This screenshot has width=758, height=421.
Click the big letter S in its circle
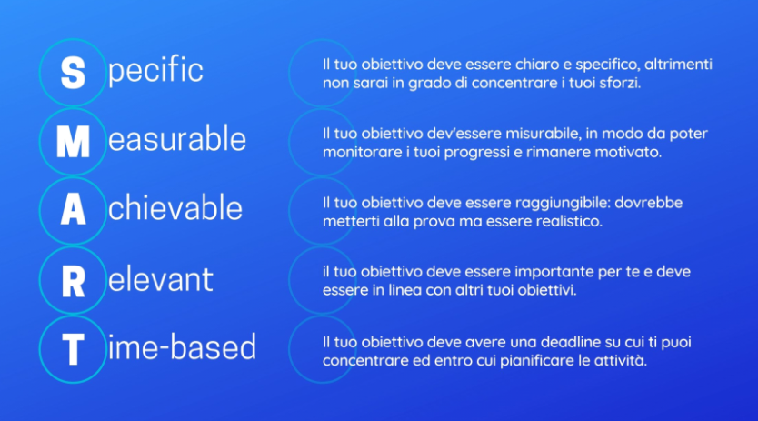(x=73, y=73)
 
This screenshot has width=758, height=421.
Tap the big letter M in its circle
(x=73, y=142)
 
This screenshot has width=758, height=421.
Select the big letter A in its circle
(x=73, y=210)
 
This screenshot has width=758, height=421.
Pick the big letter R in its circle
(x=74, y=281)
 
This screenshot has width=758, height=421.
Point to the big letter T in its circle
(x=73, y=349)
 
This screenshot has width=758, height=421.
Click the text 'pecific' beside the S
(x=155, y=71)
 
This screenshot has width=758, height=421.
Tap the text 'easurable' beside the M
(x=177, y=139)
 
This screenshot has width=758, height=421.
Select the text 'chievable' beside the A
(x=175, y=208)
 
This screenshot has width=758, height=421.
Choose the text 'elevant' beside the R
(x=161, y=279)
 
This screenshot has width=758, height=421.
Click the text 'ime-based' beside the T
(x=183, y=346)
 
